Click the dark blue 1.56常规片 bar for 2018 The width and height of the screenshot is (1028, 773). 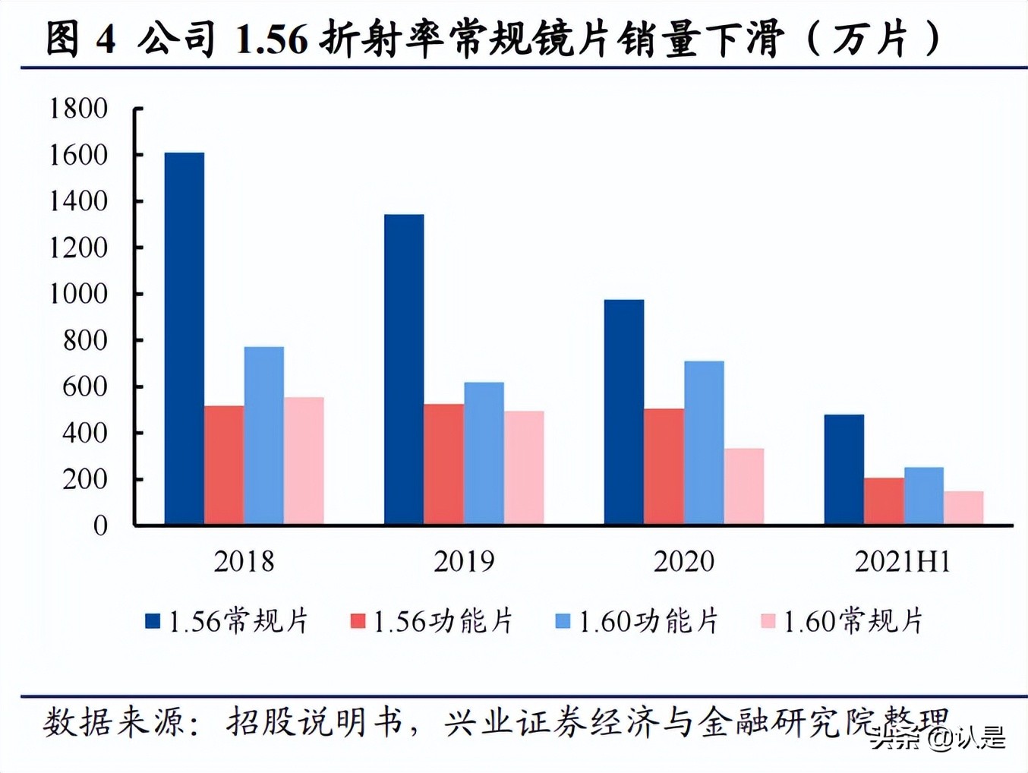click(x=184, y=338)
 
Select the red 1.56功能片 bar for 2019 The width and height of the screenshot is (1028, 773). click(x=444, y=464)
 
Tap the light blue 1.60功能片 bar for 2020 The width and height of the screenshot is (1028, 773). click(x=704, y=442)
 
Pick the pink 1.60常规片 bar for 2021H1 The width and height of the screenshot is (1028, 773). click(x=963, y=507)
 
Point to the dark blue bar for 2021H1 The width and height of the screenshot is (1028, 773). click(x=844, y=469)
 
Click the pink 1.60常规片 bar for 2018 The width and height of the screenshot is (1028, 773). click(x=304, y=460)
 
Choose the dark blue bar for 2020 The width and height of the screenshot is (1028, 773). click(x=624, y=412)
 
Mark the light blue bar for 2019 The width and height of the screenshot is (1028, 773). click(x=484, y=453)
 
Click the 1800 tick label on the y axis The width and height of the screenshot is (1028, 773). click(x=78, y=109)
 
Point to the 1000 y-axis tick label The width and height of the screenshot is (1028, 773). click(x=78, y=294)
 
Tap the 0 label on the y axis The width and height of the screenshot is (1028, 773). click(x=100, y=525)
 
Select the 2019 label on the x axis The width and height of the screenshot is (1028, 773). click(x=464, y=562)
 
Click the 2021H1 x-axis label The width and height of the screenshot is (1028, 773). click(x=903, y=562)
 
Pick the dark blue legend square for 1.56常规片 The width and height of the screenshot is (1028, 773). click(x=153, y=621)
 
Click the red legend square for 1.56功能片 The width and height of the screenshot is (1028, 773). click(x=358, y=621)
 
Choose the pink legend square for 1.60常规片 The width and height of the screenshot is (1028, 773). click(x=768, y=621)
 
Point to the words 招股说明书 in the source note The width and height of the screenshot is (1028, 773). click(x=314, y=721)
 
